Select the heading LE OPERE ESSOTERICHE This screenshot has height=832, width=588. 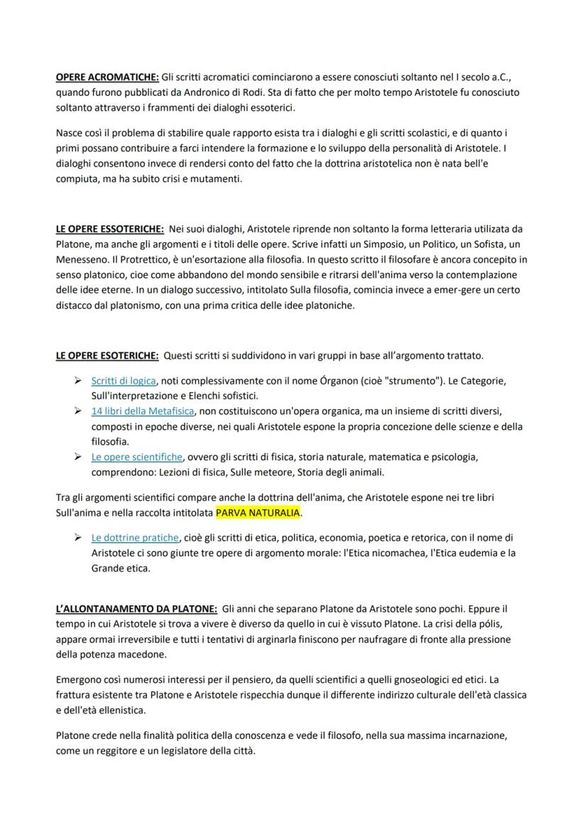(110, 229)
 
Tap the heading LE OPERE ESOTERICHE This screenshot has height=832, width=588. (107, 355)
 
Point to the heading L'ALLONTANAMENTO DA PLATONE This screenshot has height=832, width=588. (136, 610)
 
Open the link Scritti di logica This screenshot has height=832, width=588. (124, 381)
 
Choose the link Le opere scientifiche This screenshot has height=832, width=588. (137, 457)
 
